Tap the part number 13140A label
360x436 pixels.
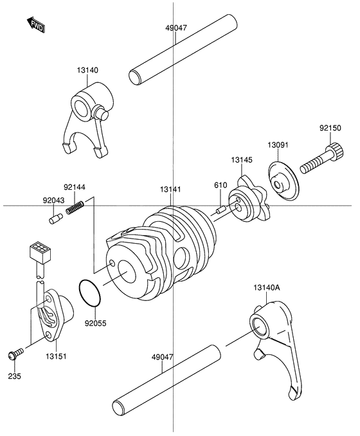pos(267,288)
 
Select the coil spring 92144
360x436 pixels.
pos(76,208)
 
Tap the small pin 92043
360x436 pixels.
pos(55,219)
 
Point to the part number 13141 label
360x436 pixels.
pos(172,189)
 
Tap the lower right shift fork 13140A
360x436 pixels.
pos(272,347)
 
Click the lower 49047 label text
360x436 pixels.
pos(163,356)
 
